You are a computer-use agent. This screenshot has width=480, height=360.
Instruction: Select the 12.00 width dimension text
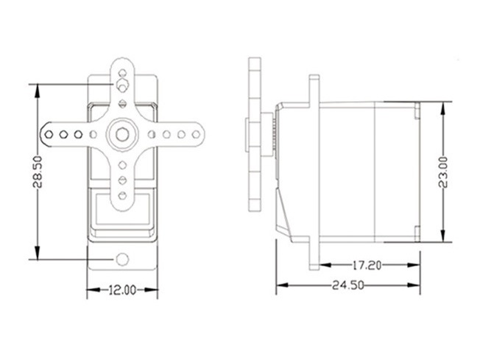[122, 290]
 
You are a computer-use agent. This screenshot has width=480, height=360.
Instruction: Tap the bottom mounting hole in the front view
[122, 259]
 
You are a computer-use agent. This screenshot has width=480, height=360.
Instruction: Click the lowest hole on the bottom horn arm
[122, 193]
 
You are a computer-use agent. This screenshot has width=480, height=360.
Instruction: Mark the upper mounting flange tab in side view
[314, 87]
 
